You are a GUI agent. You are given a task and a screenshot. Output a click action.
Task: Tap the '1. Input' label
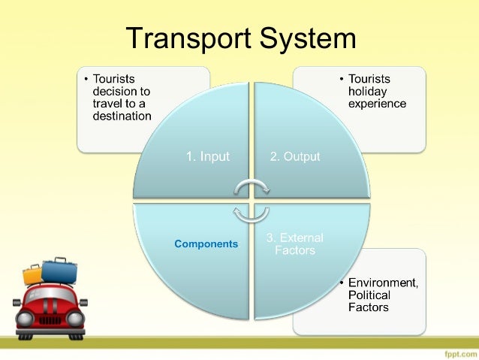coord(208,157)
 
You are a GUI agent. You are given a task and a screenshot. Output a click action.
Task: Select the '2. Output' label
coord(295,157)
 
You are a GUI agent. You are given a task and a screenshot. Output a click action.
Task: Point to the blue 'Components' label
coord(206,244)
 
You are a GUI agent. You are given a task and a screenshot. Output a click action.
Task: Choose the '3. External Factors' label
coord(295,244)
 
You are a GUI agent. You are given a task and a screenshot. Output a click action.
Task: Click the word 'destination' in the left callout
coord(122,116)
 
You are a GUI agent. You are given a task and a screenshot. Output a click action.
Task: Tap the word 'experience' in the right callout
coord(377,104)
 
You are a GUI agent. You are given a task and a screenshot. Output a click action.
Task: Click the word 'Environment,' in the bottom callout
coord(383,283)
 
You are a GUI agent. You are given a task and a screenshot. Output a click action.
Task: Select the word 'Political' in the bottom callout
coord(369,295)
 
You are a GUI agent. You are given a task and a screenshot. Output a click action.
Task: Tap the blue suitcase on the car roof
coord(59,270)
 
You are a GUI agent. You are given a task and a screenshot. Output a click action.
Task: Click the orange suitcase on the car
coord(33,275)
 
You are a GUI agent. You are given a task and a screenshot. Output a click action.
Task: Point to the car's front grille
coord(50,320)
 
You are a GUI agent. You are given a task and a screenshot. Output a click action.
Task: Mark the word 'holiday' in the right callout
coord(367,91)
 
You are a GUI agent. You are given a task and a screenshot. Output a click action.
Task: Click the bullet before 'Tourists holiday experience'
coord(342,79)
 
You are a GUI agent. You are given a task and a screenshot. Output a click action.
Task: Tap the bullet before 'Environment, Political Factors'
coord(342,283)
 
